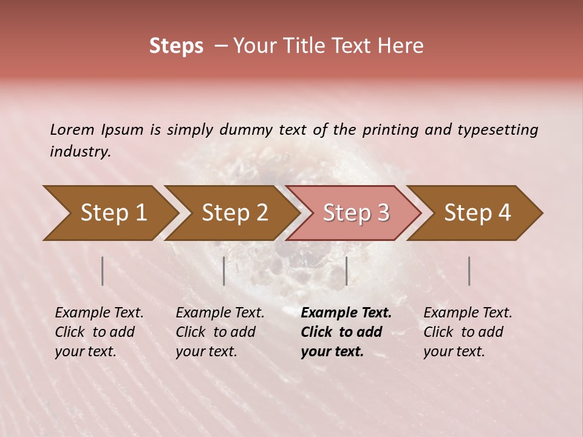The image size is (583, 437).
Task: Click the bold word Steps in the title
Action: (x=176, y=46)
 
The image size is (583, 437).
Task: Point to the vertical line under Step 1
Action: (x=103, y=271)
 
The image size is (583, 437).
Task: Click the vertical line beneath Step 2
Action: (x=224, y=271)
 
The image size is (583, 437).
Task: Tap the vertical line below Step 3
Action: (x=346, y=271)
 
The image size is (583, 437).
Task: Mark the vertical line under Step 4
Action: (x=469, y=271)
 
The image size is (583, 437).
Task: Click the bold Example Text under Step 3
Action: (x=346, y=313)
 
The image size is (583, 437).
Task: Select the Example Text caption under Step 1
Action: (x=99, y=313)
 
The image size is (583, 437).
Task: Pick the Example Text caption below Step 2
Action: (x=220, y=313)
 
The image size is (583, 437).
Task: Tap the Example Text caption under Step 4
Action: (x=468, y=313)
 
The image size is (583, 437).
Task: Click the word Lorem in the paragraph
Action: (x=72, y=129)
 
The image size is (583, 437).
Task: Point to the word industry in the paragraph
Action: (x=80, y=152)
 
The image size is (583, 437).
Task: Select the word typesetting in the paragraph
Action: (x=497, y=129)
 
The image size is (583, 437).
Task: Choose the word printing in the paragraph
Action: (x=392, y=129)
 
